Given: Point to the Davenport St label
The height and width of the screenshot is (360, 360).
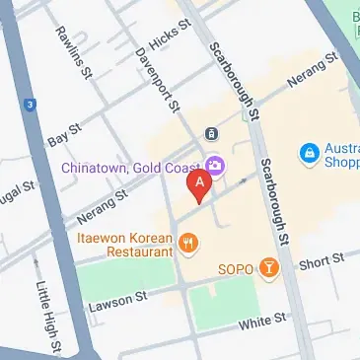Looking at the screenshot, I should pos(157,80).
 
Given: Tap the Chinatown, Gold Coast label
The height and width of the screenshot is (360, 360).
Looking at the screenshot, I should pos(124,168).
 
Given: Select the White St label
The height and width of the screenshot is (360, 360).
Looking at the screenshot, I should pos(261,321).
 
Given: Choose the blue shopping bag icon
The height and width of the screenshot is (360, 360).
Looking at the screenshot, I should pos(310,153).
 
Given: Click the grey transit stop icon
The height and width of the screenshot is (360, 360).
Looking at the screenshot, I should pos(210,133).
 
